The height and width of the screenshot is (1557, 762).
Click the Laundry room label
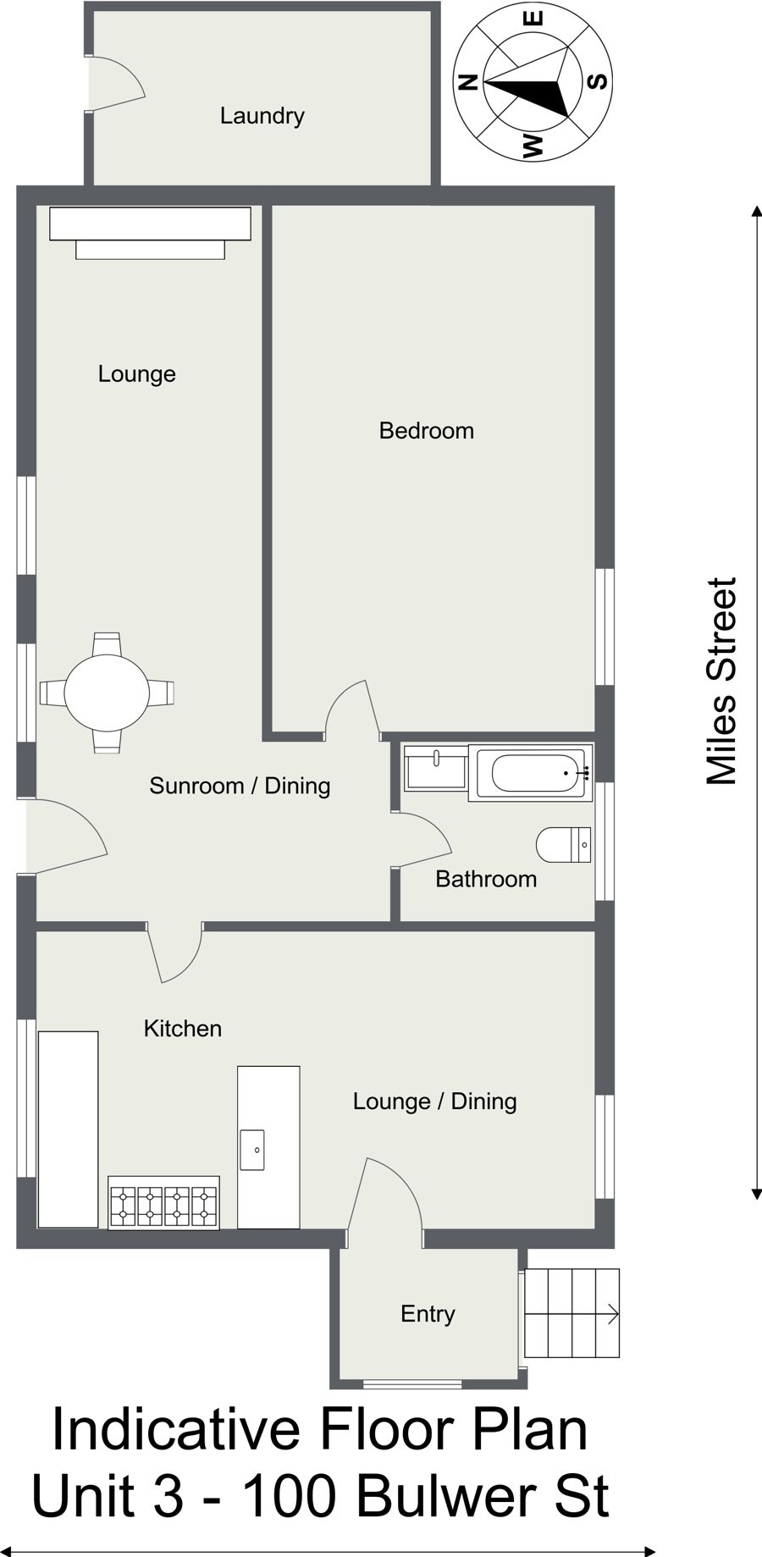262,116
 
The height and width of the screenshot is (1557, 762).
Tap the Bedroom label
426,431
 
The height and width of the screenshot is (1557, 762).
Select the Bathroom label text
486,879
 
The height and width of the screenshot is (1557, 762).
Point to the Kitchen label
182,1029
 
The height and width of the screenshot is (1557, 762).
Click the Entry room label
428,1314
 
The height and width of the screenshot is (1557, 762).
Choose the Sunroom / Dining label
240,786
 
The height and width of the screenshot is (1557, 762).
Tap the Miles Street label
722,682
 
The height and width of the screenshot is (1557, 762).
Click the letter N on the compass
468,82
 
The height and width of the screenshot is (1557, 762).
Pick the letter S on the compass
597,82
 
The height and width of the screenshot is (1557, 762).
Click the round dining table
107,693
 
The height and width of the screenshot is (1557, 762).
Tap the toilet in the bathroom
564,845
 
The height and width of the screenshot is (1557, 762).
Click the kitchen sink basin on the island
252,1149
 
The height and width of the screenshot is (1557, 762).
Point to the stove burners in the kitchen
163,1202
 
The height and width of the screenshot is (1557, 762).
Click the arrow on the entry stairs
572,1314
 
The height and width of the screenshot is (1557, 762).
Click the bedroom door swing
351,707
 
